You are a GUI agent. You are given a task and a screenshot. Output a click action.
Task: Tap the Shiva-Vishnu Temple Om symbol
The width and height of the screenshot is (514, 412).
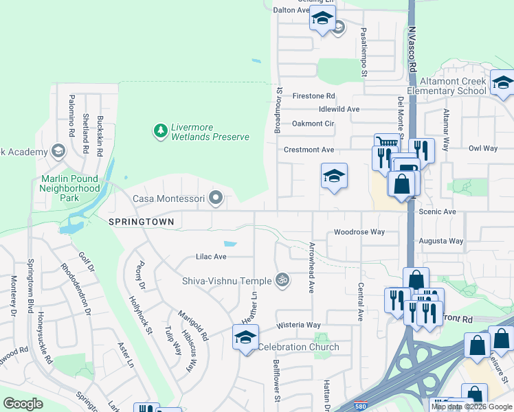[x=280, y=279]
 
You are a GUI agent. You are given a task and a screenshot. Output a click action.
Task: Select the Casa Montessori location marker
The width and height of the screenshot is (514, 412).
[x=216, y=198]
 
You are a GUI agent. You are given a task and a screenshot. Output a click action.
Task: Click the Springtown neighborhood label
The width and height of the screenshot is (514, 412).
[x=141, y=222]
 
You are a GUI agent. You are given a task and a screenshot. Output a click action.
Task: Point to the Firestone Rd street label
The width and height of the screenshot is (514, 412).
[x=313, y=96]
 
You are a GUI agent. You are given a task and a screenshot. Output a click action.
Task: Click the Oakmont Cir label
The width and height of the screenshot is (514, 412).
[x=313, y=124]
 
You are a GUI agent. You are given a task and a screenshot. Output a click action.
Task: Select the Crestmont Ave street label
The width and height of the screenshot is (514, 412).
[x=309, y=150]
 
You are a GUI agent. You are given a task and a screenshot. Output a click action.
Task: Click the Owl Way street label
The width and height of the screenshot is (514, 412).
[x=482, y=148]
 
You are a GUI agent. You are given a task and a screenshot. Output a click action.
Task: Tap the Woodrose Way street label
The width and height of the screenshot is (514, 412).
[x=359, y=232]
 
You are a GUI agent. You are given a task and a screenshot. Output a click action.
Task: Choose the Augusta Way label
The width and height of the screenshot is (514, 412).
[x=441, y=241]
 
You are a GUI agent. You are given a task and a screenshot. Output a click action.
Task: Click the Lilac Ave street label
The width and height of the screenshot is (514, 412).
[x=211, y=256]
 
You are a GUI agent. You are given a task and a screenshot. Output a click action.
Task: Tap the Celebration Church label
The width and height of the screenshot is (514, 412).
[x=298, y=347]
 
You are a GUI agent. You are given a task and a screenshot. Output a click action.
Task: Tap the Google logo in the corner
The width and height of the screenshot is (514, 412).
[x=23, y=404]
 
